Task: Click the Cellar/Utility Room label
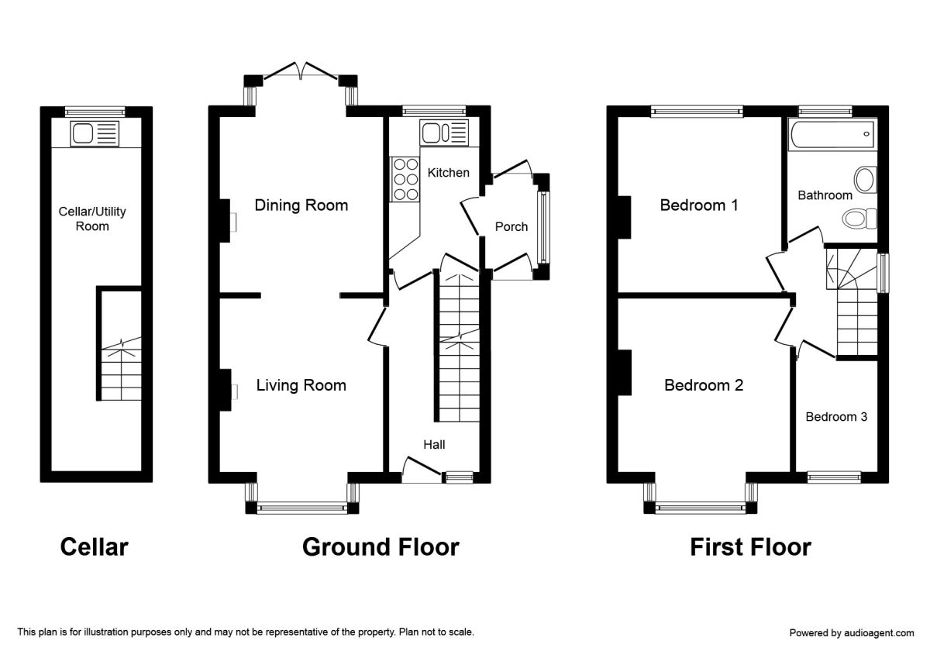(92, 219)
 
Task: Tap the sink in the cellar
(94, 133)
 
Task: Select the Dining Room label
(301, 205)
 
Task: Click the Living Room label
(301, 385)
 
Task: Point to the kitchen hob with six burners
(404, 179)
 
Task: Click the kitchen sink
(444, 132)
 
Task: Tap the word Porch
(511, 226)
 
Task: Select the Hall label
(434, 445)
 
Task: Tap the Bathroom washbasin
(865, 181)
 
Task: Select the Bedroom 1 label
(698, 205)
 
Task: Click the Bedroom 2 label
(704, 385)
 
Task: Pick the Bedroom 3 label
(836, 417)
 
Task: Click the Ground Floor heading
(381, 547)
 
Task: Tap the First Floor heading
(750, 547)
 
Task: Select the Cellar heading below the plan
(94, 547)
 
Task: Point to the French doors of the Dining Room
(301, 71)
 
